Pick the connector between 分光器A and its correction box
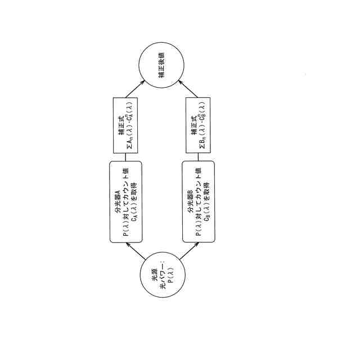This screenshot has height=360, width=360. (126, 157)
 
